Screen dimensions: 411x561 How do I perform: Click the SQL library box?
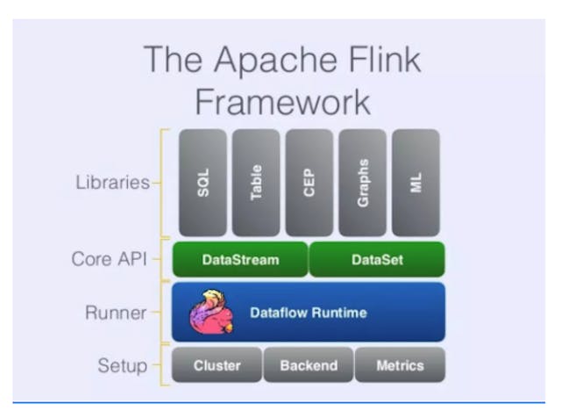point(202,183)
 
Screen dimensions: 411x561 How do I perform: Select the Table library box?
point(256,183)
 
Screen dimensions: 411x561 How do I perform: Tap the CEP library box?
point(309,183)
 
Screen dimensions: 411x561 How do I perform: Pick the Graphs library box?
point(362,183)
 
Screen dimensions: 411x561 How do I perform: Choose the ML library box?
point(415,183)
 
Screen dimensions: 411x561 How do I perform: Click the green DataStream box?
point(240,260)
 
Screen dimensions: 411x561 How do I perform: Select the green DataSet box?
point(377,260)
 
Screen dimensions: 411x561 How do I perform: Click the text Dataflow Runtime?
point(309,312)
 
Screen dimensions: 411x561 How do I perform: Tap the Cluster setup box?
point(217,365)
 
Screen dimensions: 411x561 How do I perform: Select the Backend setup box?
point(309,365)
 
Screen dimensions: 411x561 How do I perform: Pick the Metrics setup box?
point(400,365)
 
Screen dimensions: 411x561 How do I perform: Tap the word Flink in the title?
point(383,60)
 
